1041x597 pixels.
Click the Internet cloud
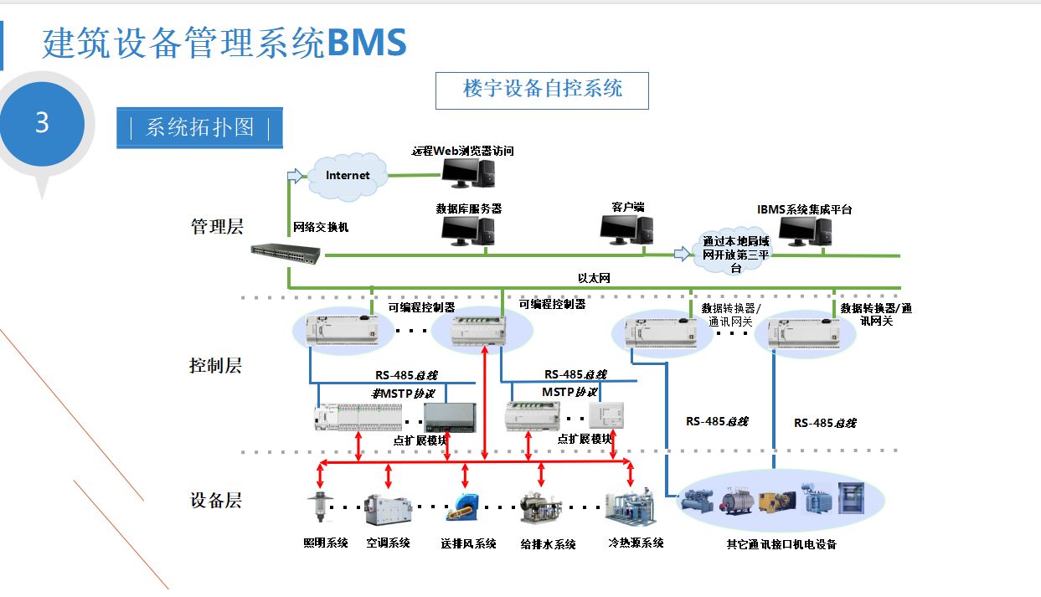pos(348,175)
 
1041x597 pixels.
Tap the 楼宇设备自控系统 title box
pos(542,90)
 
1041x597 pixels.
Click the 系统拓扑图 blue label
pos(199,128)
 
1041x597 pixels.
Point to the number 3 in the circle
pos(42,124)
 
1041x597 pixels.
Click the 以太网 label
pos(593,276)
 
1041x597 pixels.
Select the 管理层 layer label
pos(216,226)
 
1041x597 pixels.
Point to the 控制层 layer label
pos(215,366)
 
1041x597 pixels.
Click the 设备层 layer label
pos(215,501)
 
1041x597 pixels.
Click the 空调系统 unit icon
pos(387,508)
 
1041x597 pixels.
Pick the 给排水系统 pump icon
pos(540,508)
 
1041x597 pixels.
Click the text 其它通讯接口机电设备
pos(781,545)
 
